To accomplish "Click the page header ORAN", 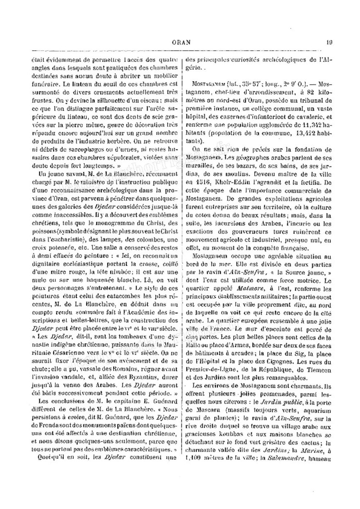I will pos(180,42).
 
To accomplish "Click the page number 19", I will pos(329,42).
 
